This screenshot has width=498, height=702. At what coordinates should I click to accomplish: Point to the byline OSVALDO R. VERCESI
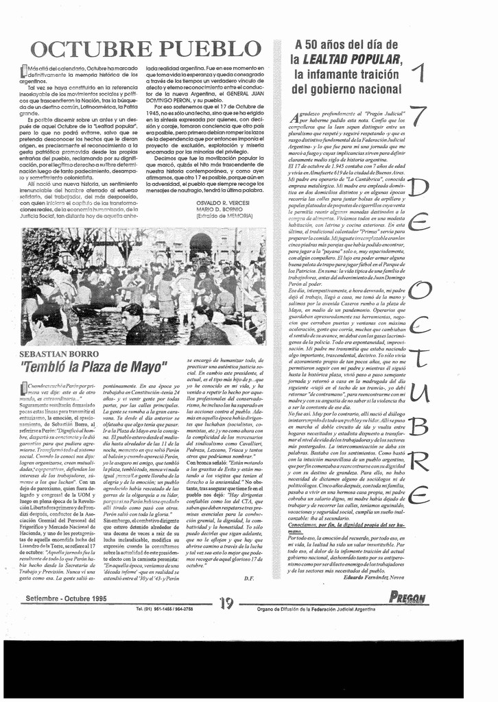click(224, 204)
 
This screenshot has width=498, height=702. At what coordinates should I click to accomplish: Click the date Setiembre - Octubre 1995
click(66, 598)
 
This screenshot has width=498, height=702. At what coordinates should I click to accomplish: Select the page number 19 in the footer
click(227, 603)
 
